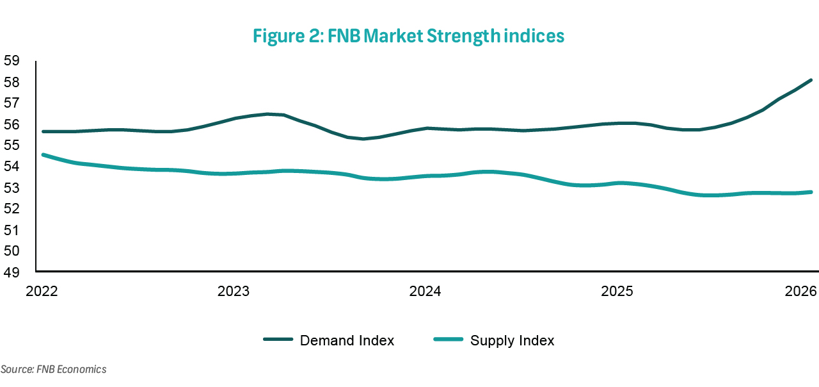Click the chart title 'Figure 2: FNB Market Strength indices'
(x=408, y=37)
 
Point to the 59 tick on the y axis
(x=12, y=61)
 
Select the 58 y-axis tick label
(x=12, y=82)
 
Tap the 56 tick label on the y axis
(x=12, y=124)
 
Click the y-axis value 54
(x=12, y=167)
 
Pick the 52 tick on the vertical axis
(x=12, y=209)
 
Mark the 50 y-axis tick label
(x=12, y=251)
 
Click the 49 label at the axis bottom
(x=12, y=272)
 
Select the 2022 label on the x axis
(x=42, y=292)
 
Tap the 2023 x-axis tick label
(x=234, y=292)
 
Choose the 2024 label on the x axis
(x=425, y=292)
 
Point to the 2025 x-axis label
(x=617, y=292)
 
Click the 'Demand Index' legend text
(x=347, y=340)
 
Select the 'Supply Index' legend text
(x=512, y=340)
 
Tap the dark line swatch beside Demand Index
(x=278, y=340)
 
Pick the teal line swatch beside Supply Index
(x=448, y=340)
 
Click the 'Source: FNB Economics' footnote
(x=53, y=369)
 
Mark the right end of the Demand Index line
(x=811, y=80)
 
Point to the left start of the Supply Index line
(x=43, y=154)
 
